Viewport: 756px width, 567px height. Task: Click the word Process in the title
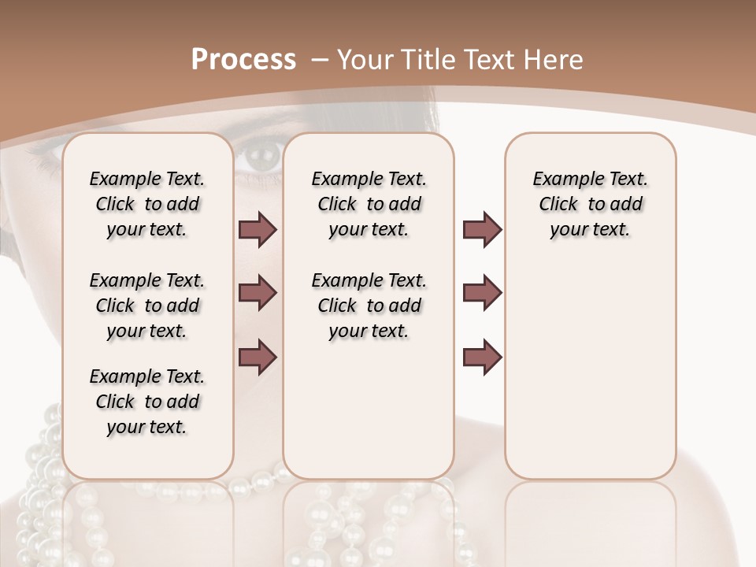click(243, 59)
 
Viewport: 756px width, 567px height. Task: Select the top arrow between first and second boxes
click(258, 230)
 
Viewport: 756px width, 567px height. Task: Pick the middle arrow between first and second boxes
click(258, 293)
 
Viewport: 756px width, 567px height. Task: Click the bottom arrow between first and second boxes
click(258, 357)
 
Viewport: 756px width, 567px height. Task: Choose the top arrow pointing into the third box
click(482, 230)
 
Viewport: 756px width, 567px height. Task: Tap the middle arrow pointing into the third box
click(482, 293)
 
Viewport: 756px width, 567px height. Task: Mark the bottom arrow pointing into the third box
click(482, 357)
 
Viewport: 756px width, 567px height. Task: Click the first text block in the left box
click(147, 204)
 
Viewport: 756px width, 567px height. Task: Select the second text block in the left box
click(147, 306)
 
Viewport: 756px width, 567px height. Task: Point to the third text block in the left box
click(147, 402)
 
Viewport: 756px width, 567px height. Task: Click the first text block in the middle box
click(369, 204)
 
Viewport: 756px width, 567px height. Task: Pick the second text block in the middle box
click(369, 306)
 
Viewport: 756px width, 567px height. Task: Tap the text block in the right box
click(590, 204)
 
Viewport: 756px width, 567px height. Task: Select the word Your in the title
click(366, 59)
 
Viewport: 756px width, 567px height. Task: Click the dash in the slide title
click(320, 59)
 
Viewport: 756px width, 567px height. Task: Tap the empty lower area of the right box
click(590, 378)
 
